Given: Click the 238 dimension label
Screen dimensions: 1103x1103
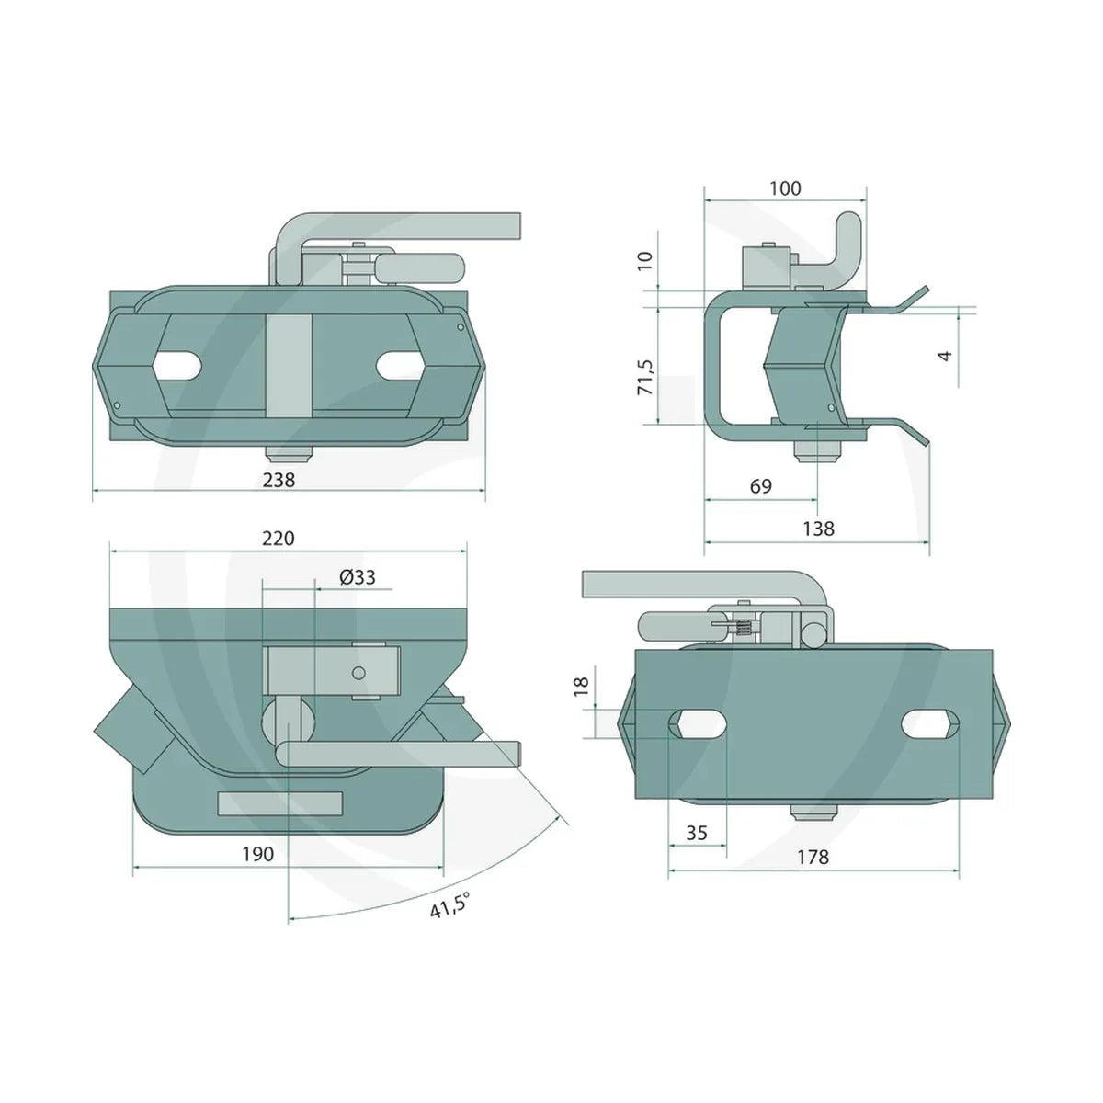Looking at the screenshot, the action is (x=279, y=479).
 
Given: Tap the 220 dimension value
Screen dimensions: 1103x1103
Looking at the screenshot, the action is (x=279, y=538).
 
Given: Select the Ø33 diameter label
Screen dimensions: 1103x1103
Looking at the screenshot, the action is (x=358, y=577).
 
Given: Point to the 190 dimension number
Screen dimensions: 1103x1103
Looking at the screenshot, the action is (x=257, y=854).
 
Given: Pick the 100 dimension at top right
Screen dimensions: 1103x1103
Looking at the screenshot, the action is (x=785, y=188).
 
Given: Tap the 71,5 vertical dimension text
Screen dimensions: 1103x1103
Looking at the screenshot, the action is (x=645, y=377).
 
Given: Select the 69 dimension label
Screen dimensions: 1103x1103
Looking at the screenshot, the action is (x=761, y=486).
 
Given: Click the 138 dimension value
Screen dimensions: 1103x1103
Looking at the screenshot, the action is (x=818, y=529).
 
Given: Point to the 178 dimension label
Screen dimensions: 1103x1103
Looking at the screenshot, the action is (x=813, y=857).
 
